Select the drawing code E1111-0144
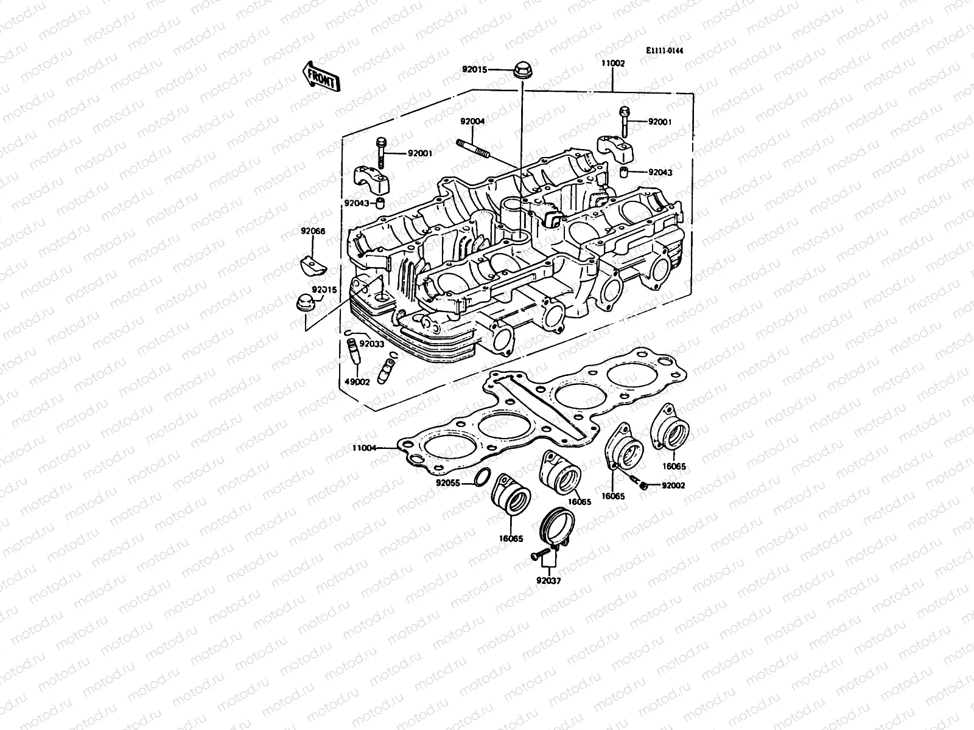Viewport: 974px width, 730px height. [665, 51]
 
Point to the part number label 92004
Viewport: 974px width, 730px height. [472, 121]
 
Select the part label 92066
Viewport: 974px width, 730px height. [313, 231]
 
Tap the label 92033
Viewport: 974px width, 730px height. [371, 344]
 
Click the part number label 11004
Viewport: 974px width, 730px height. [364, 448]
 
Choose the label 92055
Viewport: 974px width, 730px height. [448, 484]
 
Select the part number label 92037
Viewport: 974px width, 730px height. [548, 580]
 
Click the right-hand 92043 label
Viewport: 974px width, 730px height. [660, 172]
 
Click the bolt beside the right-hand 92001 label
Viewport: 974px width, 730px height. [625, 121]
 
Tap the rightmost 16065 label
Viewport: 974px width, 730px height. [674, 466]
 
